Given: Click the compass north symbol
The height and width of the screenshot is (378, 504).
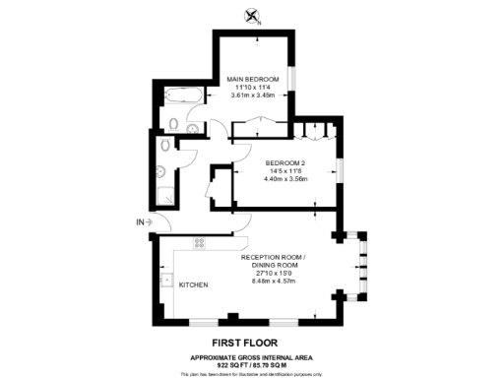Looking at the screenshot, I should (x=253, y=15).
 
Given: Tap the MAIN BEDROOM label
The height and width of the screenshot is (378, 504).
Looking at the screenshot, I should (x=253, y=79).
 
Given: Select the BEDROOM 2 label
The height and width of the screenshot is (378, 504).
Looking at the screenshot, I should (x=286, y=162).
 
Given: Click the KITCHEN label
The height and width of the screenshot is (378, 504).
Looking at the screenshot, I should (x=193, y=285).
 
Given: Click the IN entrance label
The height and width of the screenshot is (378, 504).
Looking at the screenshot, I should (x=140, y=222).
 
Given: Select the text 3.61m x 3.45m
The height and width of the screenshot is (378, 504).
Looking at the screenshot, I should (x=252, y=95).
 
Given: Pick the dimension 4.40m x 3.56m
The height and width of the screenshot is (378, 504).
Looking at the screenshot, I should (x=286, y=179).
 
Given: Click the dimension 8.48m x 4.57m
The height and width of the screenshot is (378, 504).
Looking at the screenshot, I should (x=275, y=281).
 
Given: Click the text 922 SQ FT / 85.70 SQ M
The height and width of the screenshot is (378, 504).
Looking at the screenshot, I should (x=252, y=365).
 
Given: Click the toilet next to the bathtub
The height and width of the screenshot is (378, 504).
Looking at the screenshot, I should (x=173, y=124).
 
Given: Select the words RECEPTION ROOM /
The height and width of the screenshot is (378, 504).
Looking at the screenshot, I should (x=275, y=256).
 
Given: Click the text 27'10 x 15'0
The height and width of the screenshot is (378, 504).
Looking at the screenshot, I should (x=275, y=272).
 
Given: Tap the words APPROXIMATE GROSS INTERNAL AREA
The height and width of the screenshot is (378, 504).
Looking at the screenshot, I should (x=252, y=357).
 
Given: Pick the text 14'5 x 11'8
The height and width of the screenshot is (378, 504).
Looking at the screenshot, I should (x=286, y=170).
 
